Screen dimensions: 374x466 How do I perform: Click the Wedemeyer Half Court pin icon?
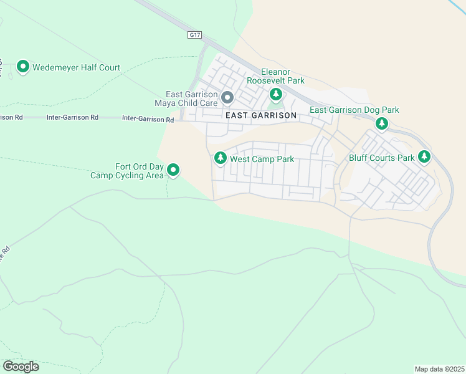click(x=23, y=66)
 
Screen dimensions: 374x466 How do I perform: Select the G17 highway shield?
click(x=194, y=36)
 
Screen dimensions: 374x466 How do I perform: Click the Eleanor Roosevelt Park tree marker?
click(x=276, y=94)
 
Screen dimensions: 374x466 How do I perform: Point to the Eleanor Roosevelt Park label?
click(x=275, y=77)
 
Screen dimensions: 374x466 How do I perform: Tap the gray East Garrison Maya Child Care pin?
click(x=227, y=97)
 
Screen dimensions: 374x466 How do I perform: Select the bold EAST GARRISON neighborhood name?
click(x=261, y=116)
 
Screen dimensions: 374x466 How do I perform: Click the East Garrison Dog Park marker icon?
click(x=382, y=123)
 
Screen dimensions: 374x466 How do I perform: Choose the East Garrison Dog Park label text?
click(x=354, y=110)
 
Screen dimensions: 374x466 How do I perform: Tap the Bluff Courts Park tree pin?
click(x=424, y=156)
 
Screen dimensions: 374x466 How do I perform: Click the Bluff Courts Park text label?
click(x=381, y=158)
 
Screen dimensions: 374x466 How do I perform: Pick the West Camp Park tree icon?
click(x=220, y=158)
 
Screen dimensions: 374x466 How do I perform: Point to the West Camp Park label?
click(x=262, y=160)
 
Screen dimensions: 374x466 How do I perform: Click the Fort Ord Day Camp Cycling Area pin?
click(x=174, y=170)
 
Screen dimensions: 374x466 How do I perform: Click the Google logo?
click(x=21, y=367)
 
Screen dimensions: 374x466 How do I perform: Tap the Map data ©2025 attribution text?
click(x=439, y=369)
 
